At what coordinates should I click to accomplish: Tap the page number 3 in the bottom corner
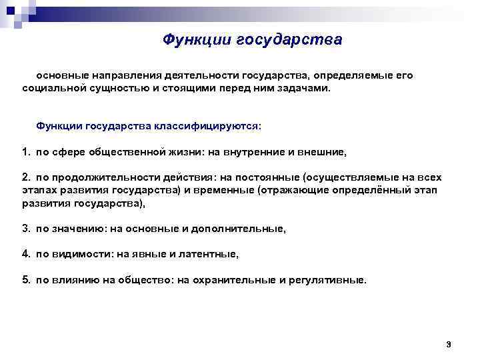click(449, 344)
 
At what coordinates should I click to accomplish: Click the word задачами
click(303, 88)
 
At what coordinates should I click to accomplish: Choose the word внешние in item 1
click(323, 152)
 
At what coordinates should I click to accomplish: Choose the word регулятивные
click(327, 280)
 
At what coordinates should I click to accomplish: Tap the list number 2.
click(25, 178)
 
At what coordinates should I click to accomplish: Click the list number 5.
click(25, 280)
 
